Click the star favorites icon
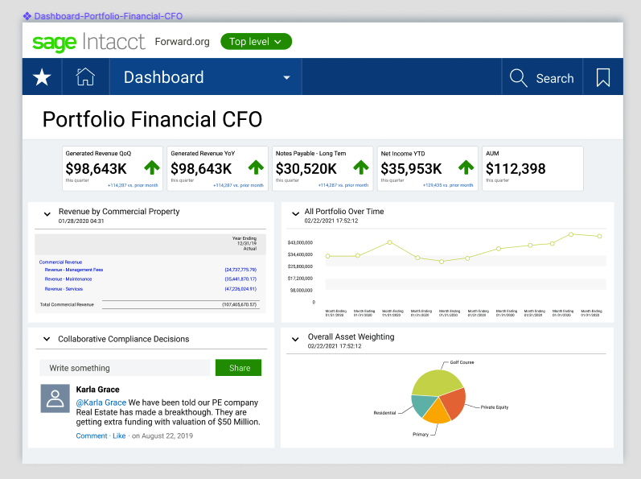42,77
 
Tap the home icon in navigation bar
85,77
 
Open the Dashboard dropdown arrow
286,78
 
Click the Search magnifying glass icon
519,78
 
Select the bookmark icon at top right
602,78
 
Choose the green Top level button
256,41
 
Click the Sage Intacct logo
88,41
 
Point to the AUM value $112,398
516,168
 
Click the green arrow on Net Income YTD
466,167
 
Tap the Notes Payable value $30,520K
306,168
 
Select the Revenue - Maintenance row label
68,279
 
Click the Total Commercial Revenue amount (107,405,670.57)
239,305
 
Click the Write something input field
125,368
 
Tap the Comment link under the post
91,436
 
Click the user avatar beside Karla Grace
55,398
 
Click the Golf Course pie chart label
462,362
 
